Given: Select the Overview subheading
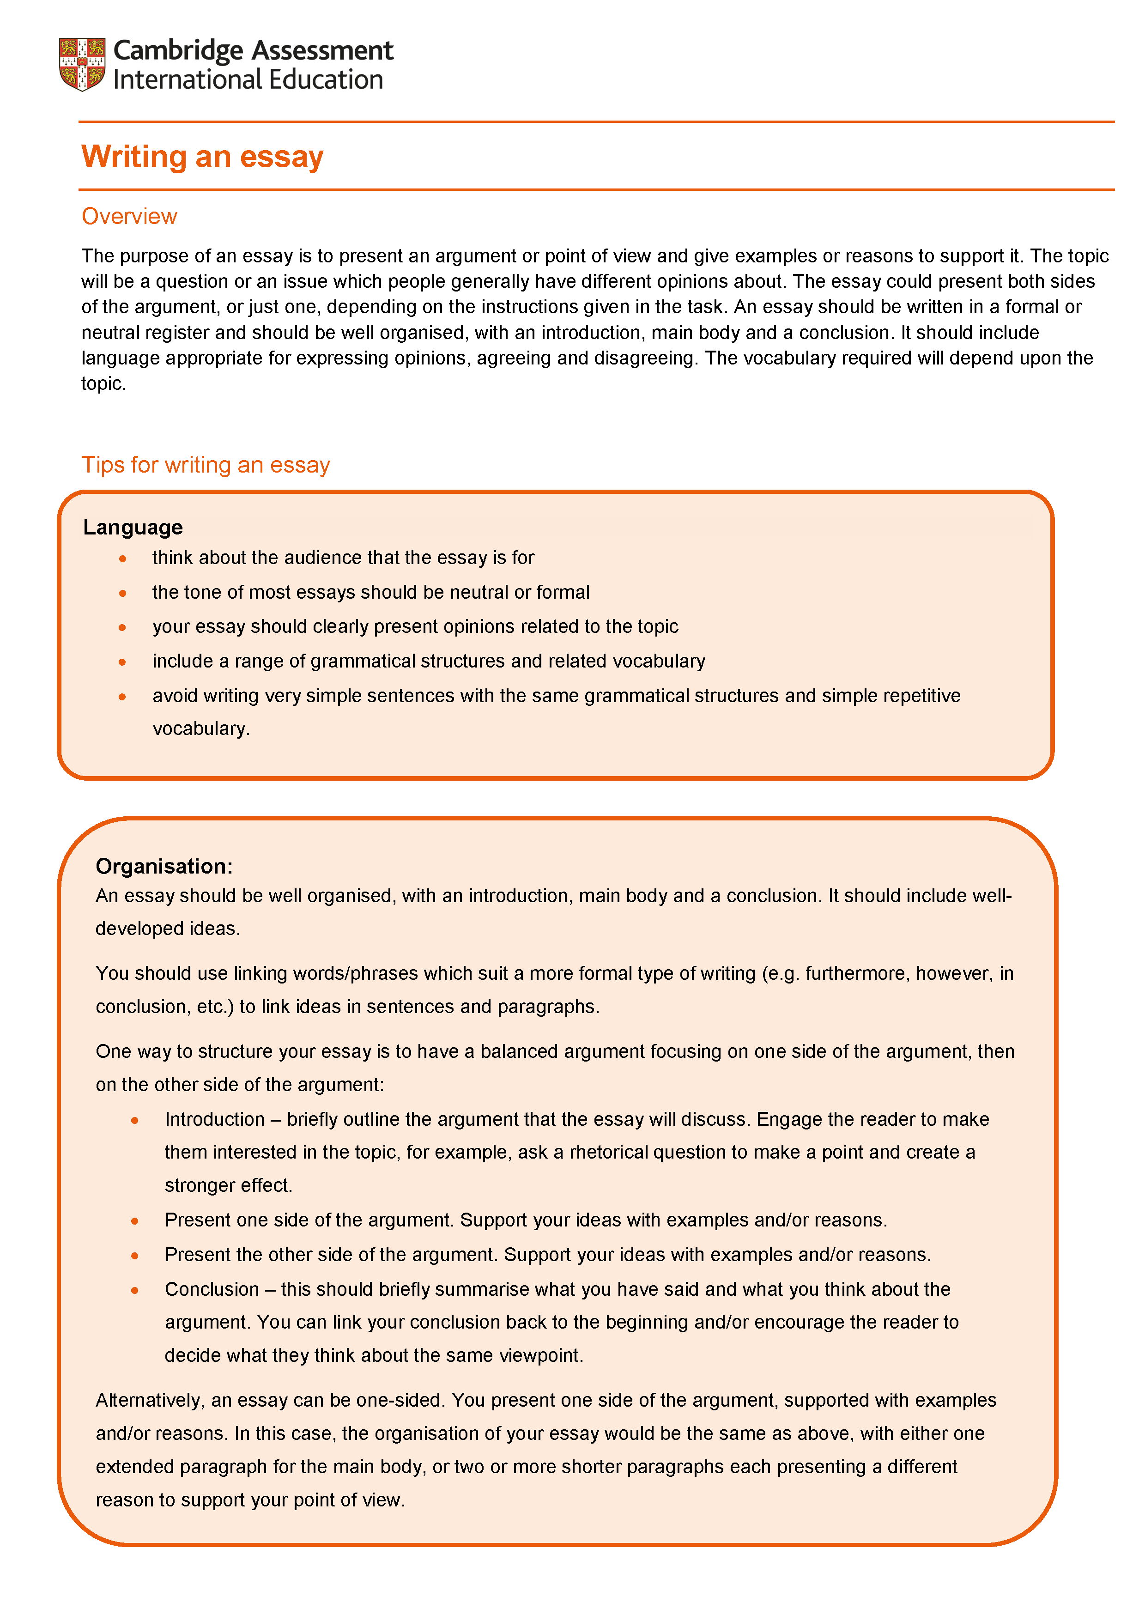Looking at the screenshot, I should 129,216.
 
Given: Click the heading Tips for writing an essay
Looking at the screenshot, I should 206,465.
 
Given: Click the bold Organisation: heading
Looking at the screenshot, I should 164,866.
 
